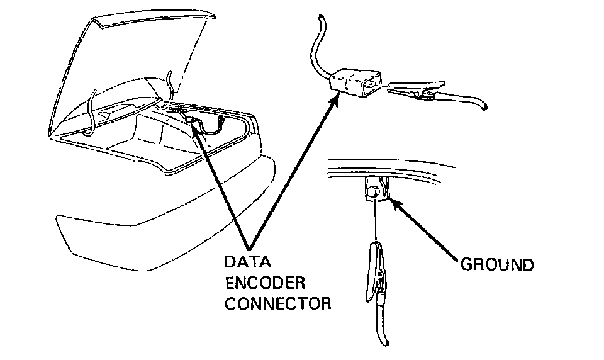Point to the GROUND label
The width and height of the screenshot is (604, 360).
tap(497, 264)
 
